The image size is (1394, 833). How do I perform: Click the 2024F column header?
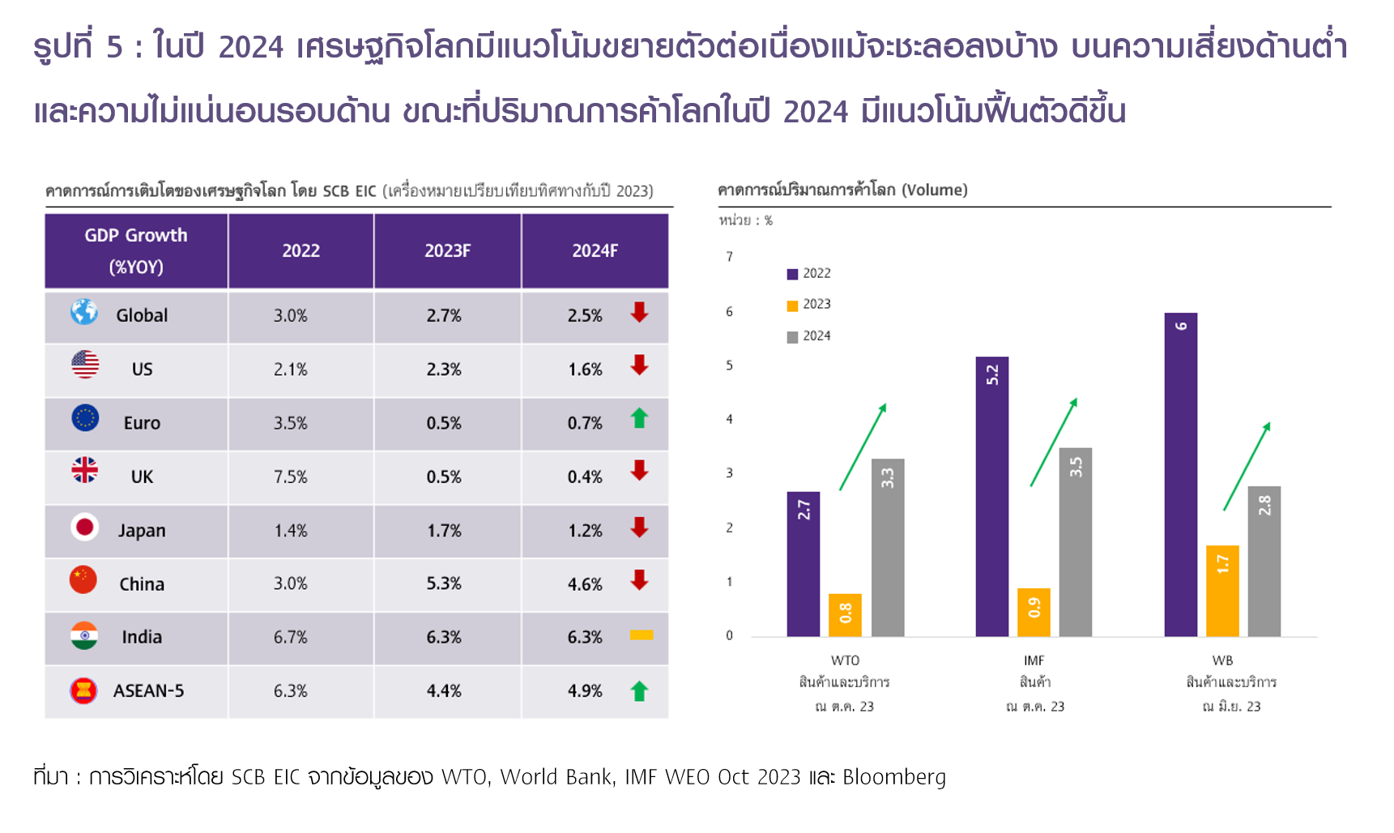[595, 251]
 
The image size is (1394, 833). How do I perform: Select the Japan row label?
[142, 531]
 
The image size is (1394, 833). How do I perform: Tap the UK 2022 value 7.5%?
[290, 477]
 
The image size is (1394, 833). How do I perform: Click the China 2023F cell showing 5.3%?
[444, 584]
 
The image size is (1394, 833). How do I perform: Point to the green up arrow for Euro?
[639, 419]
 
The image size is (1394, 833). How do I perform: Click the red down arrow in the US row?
[639, 365]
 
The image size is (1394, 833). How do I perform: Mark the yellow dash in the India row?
[641, 635]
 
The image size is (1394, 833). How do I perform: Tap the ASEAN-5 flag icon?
[83, 690]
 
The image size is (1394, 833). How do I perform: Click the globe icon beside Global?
[83, 312]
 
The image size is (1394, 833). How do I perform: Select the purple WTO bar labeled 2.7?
[803, 564]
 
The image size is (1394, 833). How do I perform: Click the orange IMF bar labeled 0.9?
[1034, 612]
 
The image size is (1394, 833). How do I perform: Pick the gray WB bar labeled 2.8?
[1264, 561]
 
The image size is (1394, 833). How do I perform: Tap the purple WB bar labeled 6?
[1180, 474]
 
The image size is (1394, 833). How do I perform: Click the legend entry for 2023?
[809, 305]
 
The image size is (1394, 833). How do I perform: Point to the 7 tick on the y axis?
[729, 257]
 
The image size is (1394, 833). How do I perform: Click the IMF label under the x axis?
[1034, 660]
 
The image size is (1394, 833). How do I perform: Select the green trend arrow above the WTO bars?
[863, 446]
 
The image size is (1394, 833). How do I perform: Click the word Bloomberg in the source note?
[893, 777]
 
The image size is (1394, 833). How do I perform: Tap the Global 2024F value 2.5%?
[585, 316]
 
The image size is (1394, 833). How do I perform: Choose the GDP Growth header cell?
[136, 250]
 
